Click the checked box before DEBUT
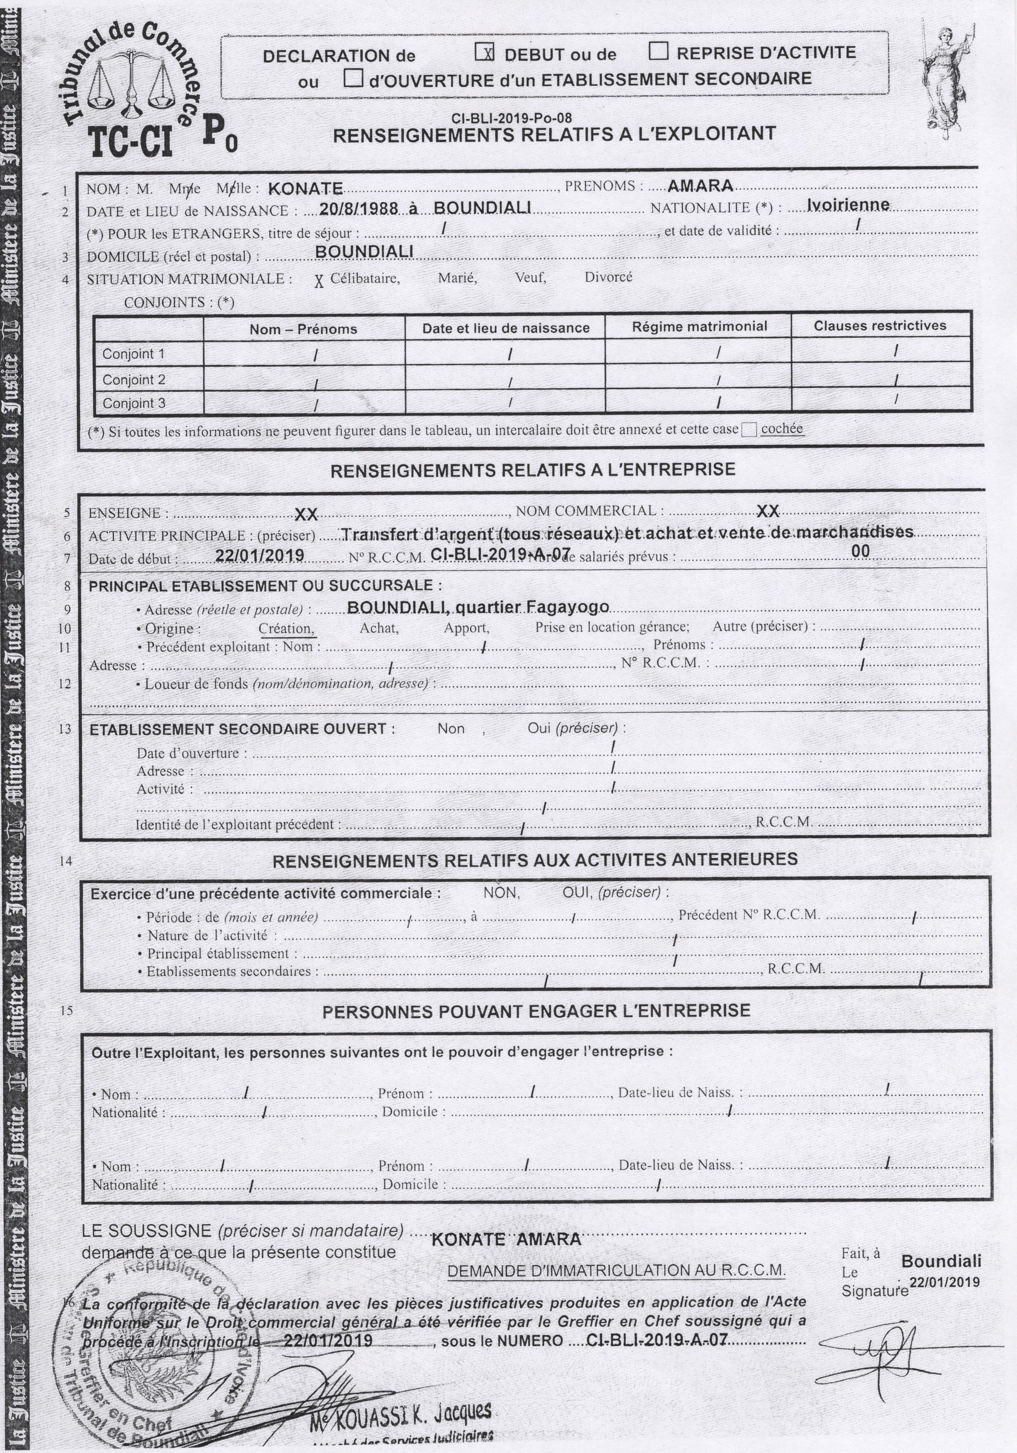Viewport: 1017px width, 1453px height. (x=484, y=53)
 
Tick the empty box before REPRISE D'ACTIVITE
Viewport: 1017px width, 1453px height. (x=658, y=51)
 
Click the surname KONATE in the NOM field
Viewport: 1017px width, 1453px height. (x=305, y=188)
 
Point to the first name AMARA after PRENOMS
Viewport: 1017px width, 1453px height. (x=700, y=186)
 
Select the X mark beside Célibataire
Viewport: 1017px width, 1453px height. (x=319, y=281)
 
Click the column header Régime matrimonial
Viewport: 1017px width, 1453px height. (x=699, y=326)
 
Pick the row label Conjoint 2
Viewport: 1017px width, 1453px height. (x=133, y=380)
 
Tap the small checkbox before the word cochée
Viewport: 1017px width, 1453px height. (x=749, y=430)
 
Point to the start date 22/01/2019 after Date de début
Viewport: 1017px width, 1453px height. (x=259, y=555)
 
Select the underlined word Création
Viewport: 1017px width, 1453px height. (x=286, y=629)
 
